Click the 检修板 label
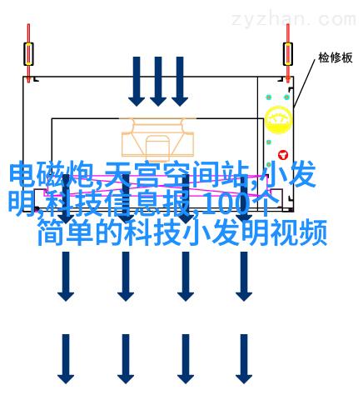[x=336, y=57]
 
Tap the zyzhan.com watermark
[x=294, y=19]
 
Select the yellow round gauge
[x=278, y=120]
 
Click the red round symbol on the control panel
[x=283, y=155]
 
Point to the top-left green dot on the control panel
[x=268, y=97]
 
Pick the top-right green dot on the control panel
[x=286, y=97]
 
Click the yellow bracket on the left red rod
[x=28, y=54]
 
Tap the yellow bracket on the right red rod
[x=288, y=54]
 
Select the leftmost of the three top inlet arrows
[x=137, y=82]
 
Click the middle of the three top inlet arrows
[x=158, y=82]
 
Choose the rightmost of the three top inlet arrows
[x=180, y=82]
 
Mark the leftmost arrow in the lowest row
[x=66, y=359]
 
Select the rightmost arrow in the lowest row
[x=244, y=359]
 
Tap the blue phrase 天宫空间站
[x=176, y=173]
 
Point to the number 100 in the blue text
[x=226, y=203]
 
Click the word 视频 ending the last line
[x=299, y=232]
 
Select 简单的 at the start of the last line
[x=80, y=232]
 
